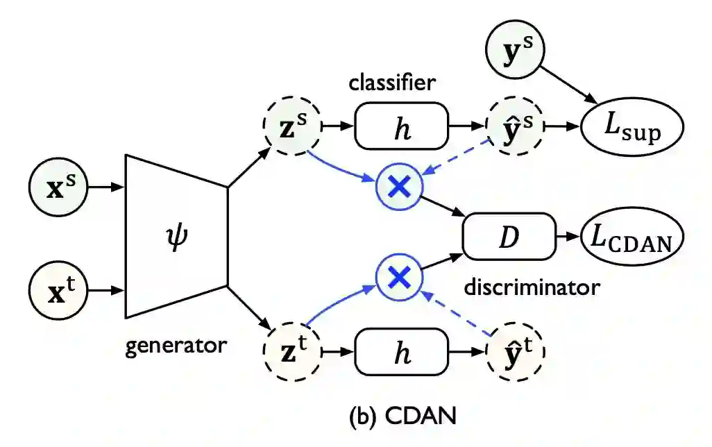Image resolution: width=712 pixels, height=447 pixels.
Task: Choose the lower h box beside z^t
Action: pyautogui.click(x=401, y=352)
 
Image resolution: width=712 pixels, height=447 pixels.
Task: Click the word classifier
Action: pyautogui.click(x=392, y=84)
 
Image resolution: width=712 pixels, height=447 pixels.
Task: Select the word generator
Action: pyautogui.click(x=176, y=345)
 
